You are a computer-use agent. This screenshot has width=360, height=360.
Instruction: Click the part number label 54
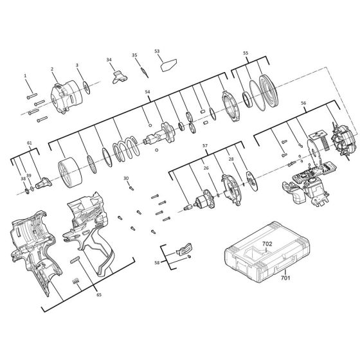click(147, 93)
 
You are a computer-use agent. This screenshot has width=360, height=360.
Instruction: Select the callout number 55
click(245, 53)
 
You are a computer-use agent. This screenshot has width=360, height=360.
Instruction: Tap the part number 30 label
click(126, 178)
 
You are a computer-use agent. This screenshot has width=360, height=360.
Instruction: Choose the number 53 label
click(157, 51)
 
